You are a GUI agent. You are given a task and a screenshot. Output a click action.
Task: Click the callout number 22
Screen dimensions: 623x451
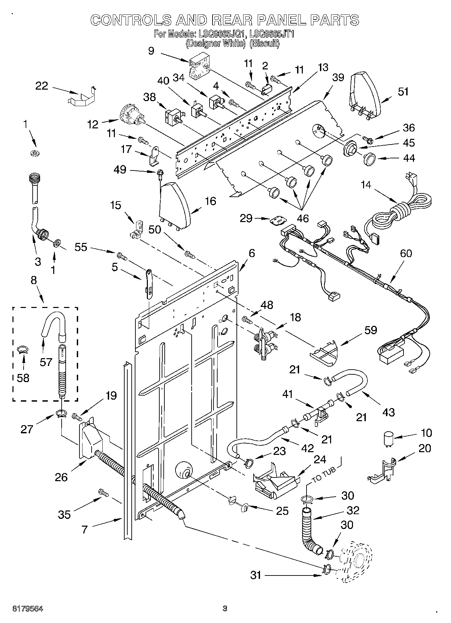(x=42, y=86)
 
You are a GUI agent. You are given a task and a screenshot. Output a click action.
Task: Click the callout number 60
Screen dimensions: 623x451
(x=406, y=253)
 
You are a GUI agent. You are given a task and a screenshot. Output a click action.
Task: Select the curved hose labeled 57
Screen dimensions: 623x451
(x=53, y=323)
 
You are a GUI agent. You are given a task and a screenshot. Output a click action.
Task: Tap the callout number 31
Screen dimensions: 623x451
(x=256, y=575)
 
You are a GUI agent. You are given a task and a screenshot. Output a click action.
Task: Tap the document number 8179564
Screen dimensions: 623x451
(x=28, y=609)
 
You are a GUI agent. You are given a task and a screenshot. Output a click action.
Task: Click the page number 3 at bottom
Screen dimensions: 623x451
(x=225, y=609)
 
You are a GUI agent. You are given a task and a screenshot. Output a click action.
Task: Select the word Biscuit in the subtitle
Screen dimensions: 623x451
(x=264, y=43)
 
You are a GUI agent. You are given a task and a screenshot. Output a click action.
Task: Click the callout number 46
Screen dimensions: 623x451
(x=303, y=218)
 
